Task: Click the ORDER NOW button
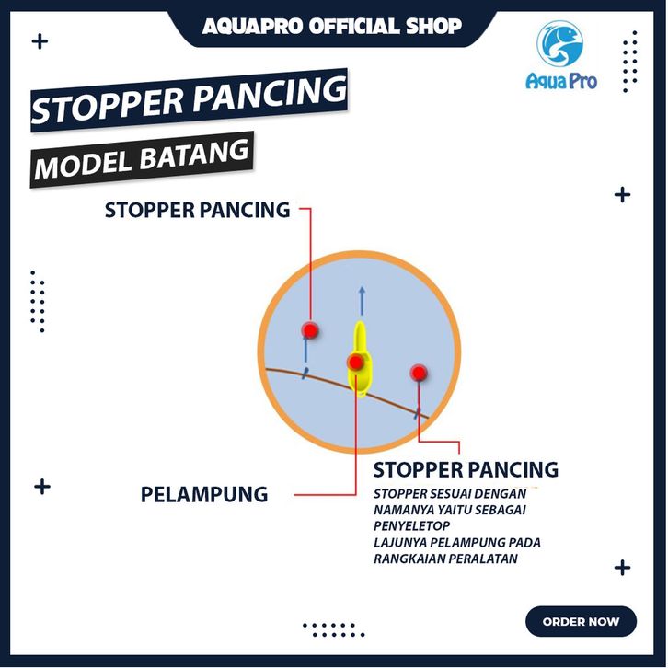pos(581,622)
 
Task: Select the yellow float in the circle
pos(362,362)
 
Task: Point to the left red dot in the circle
pos(310,329)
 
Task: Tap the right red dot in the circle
pos(419,373)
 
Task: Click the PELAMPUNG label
pos(204,495)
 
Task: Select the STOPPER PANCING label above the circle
pos(197,210)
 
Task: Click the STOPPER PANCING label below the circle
pos(466,469)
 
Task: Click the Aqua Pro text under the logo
pos(561,82)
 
